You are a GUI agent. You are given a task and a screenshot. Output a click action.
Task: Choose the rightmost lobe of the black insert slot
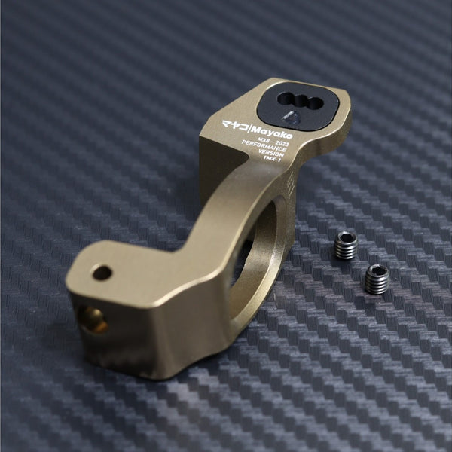coord(316,103)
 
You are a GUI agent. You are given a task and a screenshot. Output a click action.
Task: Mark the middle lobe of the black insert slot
coord(301,100)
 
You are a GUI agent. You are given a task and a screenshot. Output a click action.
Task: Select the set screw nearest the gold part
coord(346,246)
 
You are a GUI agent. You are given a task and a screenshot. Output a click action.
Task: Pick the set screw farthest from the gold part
coord(377,279)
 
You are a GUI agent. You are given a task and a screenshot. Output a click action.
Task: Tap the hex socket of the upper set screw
coord(347,240)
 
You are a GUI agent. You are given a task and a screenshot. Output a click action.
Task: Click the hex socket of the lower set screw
coord(377,272)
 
